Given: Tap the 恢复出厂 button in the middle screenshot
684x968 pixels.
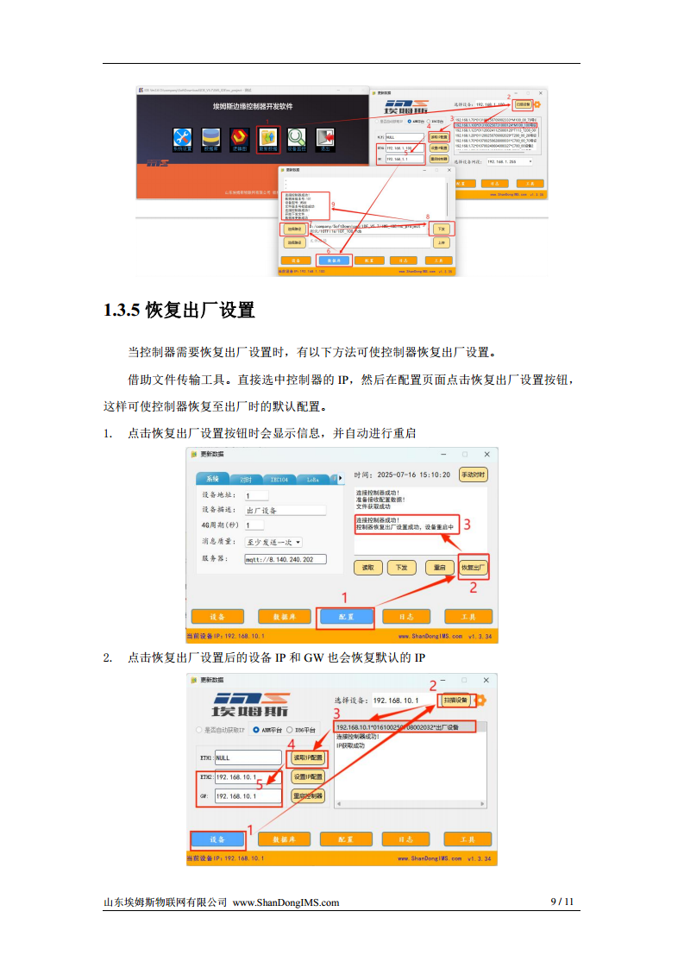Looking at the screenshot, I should click(473, 567).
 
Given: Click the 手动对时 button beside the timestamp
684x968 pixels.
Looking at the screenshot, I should click(473, 475).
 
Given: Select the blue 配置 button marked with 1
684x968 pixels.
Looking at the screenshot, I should click(346, 617).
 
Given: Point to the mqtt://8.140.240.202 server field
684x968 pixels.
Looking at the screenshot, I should click(287, 559).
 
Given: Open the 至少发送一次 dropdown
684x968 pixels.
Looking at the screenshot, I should click(273, 542).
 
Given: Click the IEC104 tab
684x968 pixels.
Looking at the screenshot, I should click(279, 479).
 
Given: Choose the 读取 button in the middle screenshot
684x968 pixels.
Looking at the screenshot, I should click(368, 567).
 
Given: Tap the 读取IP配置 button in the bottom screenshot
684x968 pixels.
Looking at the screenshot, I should click(308, 757).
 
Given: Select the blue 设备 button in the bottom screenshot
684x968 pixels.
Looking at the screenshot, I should click(216, 839).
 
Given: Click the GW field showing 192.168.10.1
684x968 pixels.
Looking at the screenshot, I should click(247, 796).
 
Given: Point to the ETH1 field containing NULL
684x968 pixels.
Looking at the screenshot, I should click(247, 757).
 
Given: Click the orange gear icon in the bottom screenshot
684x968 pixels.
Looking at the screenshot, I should click(481, 700).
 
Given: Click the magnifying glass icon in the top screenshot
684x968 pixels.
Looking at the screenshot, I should click(297, 136).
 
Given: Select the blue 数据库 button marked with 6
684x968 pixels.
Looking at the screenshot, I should click(334, 259).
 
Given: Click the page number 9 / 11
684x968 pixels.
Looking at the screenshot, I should click(562, 902).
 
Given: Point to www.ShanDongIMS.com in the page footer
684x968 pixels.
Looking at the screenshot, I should click(286, 902).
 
